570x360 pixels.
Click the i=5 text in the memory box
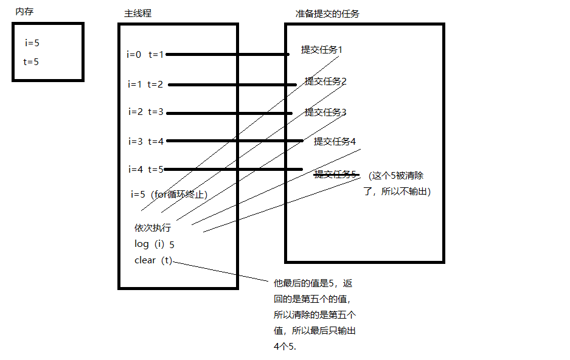tap(32, 43)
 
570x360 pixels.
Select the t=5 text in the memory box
tap(31, 61)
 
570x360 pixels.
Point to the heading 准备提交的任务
tap(327, 14)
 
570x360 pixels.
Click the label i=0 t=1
tap(145, 55)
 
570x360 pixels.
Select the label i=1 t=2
tap(145, 85)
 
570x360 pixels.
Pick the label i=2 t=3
tap(146, 112)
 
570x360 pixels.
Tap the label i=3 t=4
tap(146, 141)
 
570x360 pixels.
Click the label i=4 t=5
tap(146, 169)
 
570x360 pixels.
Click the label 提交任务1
tap(321, 50)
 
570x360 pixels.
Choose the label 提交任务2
tap(325, 81)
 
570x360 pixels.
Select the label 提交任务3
tap(325, 112)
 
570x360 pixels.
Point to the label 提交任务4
tap(335, 142)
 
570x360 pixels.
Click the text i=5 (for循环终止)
tap(169, 195)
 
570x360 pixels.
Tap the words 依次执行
tap(153, 229)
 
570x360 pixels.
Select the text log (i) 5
tap(155, 244)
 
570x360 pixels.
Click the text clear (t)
tap(153, 261)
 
